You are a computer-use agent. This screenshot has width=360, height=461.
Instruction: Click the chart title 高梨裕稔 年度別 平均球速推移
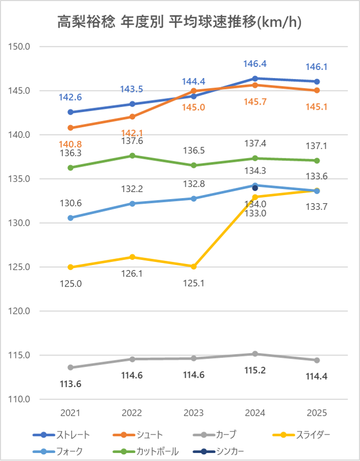[x=179, y=22]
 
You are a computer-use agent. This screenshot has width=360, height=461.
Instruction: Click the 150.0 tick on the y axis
[x=20, y=46]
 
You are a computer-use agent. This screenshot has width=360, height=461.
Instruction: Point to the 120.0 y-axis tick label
[x=20, y=311]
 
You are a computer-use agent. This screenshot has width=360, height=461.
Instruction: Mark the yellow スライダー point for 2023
[x=194, y=266]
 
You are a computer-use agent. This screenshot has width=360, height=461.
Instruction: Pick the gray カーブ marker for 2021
[x=70, y=368]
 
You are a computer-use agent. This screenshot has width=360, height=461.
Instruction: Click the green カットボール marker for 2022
[x=132, y=156]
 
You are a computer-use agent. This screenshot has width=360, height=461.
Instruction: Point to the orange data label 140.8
[x=70, y=144]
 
